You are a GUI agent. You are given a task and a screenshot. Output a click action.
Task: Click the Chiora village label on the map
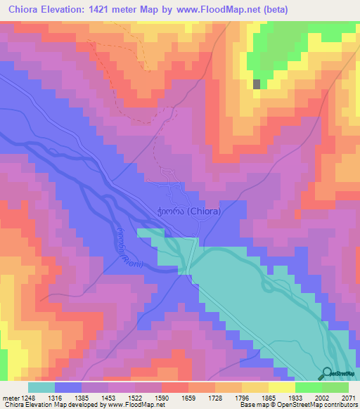pyautogui.click(x=188, y=210)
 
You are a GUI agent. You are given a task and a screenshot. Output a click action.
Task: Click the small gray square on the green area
pyautogui.click(x=256, y=84)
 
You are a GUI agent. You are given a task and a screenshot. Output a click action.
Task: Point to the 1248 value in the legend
pyautogui.click(x=27, y=398)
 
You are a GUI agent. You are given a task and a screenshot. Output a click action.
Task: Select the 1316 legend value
pyautogui.click(x=67, y=398)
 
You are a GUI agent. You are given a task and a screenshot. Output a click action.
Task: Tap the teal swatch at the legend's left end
pyautogui.click(x=41, y=387)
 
